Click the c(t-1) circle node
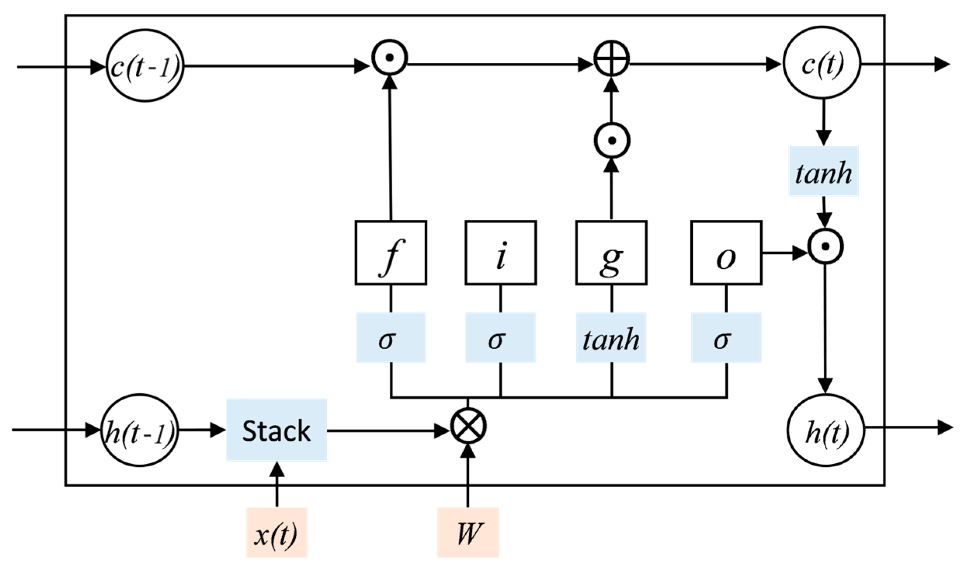[145, 66]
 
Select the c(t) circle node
[822, 64]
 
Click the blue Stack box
[276, 430]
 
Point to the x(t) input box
[276, 532]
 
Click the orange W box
[468, 532]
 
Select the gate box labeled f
[391, 253]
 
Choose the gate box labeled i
[501, 253]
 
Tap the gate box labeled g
[611, 253]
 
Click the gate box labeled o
[726, 253]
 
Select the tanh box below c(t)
[823, 171]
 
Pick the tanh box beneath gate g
[611, 337]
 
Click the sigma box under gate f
[391, 337]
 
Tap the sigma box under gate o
[726, 337]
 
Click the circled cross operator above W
[468, 426]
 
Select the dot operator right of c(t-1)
[390, 57]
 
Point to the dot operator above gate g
[612, 140]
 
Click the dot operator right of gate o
[825, 246]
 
